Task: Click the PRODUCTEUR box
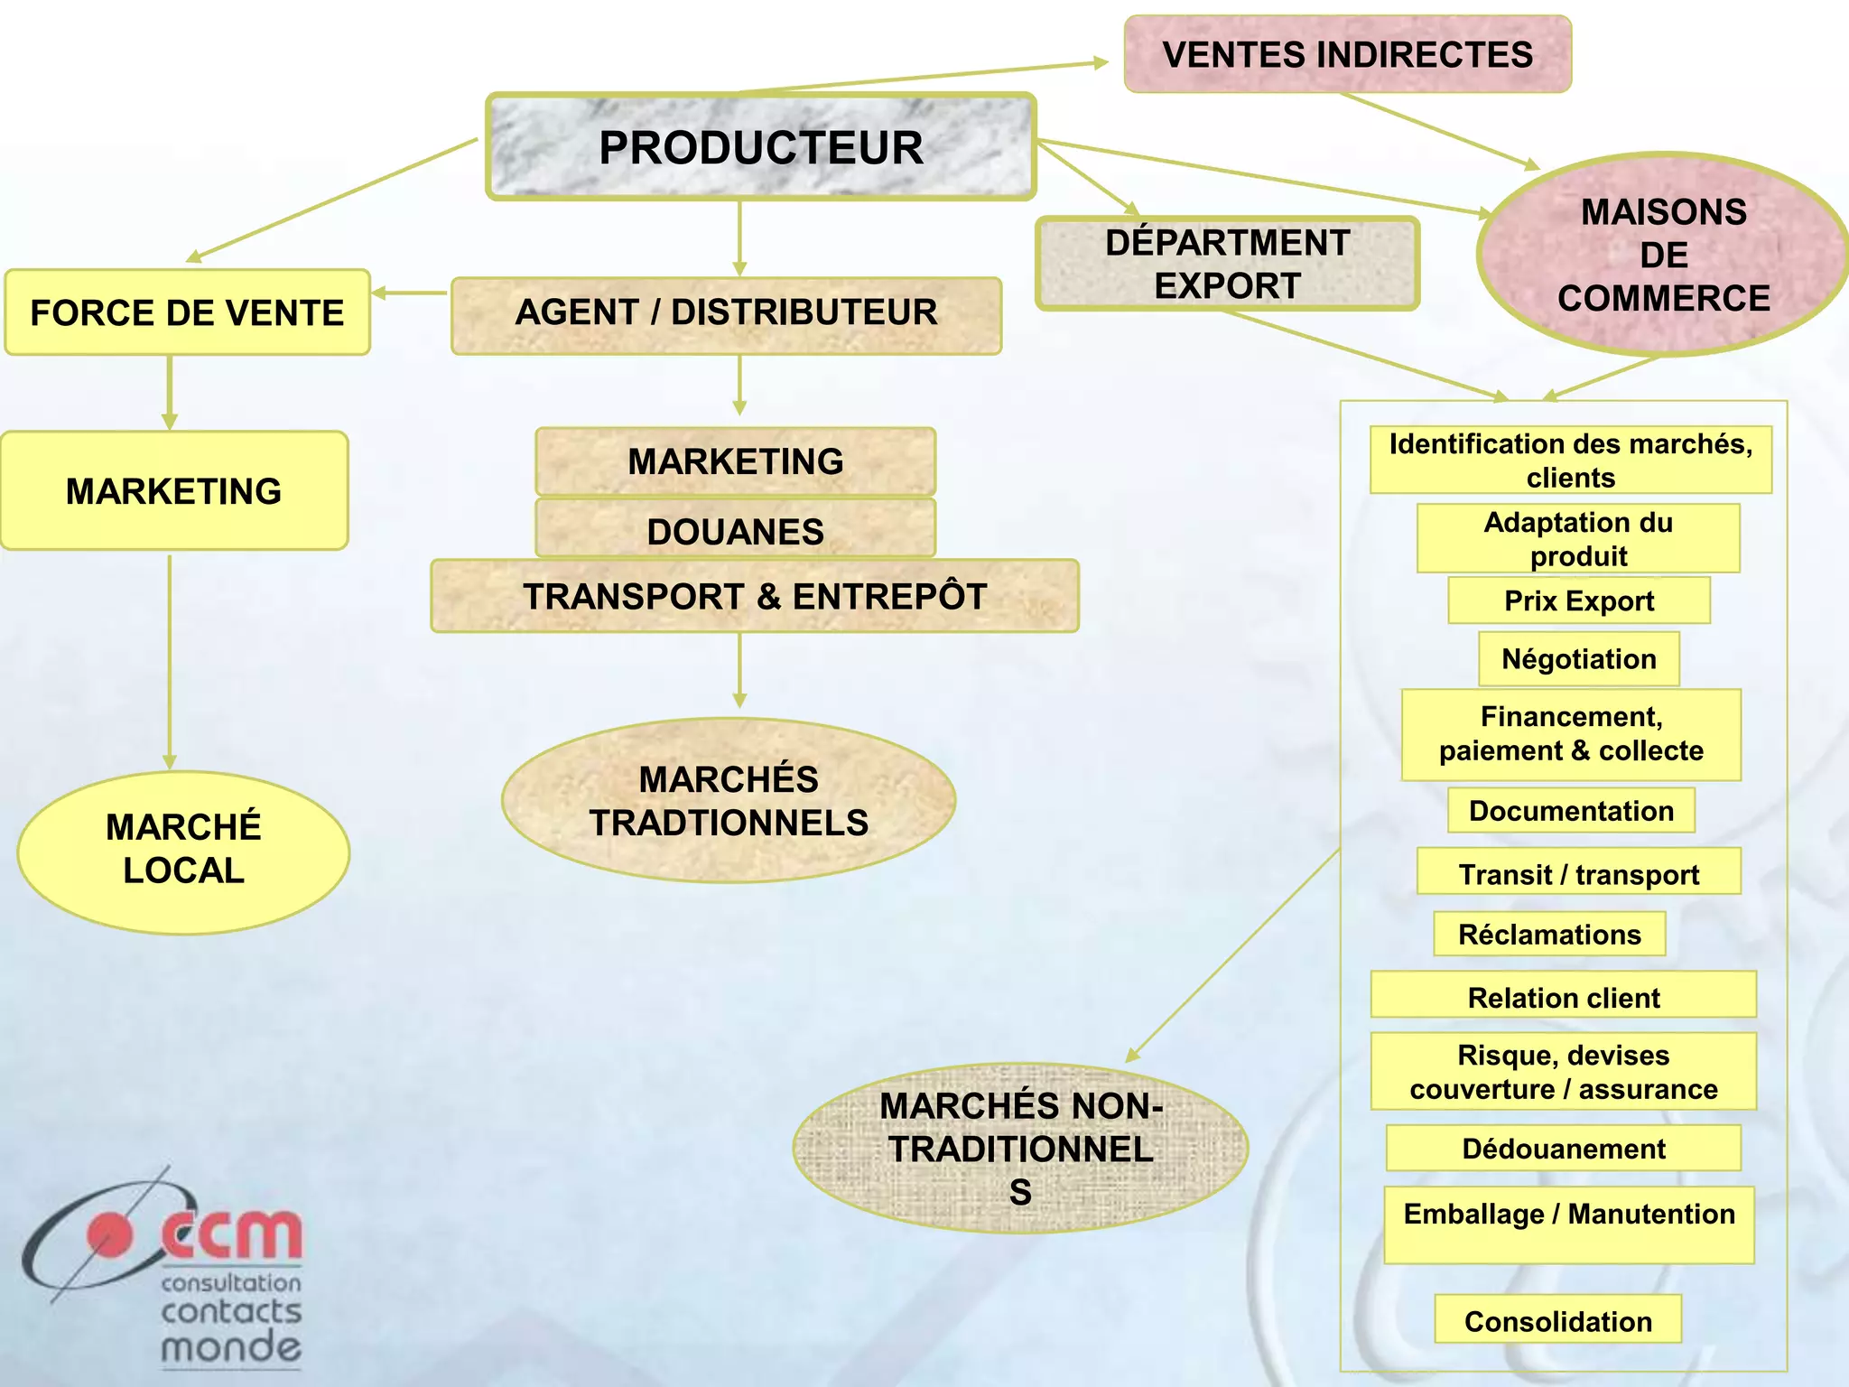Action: point(761,147)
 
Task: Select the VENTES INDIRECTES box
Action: point(1347,54)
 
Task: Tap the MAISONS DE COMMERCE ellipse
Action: point(1663,255)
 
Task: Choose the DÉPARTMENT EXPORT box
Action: point(1227,264)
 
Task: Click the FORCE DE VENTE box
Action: point(187,312)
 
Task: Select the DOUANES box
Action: point(735,530)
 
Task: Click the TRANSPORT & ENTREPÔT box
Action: point(755,596)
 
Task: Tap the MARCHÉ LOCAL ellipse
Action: point(183,851)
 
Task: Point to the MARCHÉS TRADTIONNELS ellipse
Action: point(728,800)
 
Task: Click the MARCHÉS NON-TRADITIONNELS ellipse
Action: point(1020,1148)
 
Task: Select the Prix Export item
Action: point(1578,600)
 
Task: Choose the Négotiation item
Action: point(1578,659)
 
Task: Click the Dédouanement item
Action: point(1563,1149)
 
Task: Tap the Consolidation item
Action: point(1557,1320)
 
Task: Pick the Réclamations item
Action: point(1549,934)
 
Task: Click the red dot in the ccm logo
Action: point(109,1235)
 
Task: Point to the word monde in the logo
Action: point(231,1347)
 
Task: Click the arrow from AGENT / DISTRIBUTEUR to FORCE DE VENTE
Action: point(411,293)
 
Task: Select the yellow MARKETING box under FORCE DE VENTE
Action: point(174,490)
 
